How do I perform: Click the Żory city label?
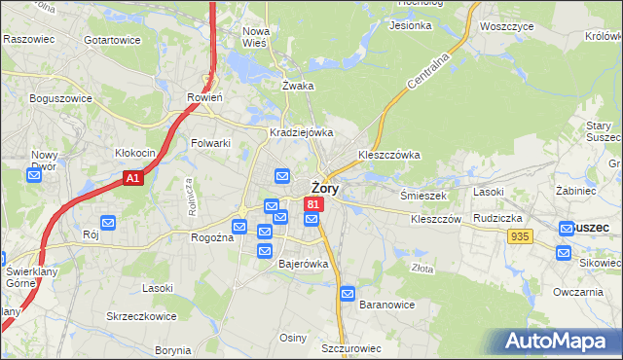pos(324,189)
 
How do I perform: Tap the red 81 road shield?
pos(312,204)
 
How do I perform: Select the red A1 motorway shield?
pos(134,179)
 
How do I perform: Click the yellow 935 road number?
pos(520,236)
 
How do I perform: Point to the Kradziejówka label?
pos(302,132)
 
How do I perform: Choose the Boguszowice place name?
pos(60,98)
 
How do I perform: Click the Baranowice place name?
pos(387,305)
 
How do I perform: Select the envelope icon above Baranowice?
pos(348,293)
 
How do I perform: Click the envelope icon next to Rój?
pos(107,223)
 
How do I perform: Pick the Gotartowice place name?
pos(113,40)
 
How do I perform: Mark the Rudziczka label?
pos(499,218)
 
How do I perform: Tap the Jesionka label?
pos(410,25)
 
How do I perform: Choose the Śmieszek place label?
pos(423,195)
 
